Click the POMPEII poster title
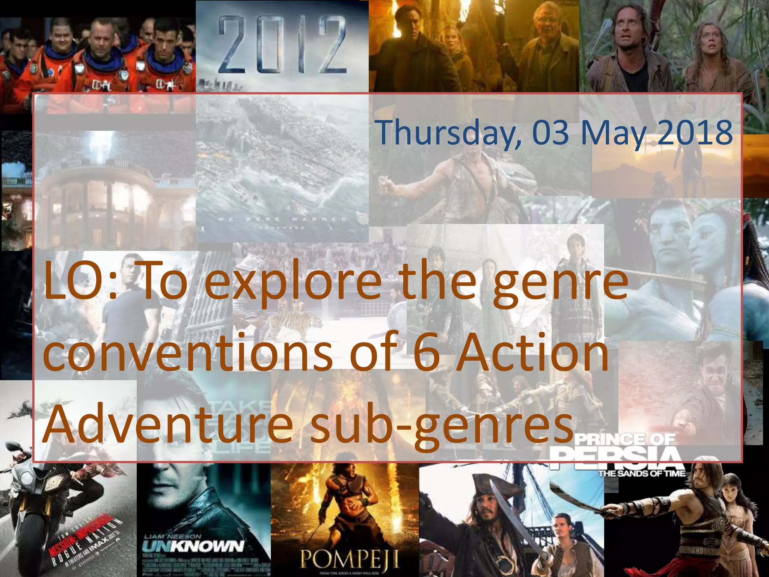(349, 560)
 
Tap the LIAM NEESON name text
(173, 536)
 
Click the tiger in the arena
(297, 323)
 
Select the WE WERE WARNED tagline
(282, 219)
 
